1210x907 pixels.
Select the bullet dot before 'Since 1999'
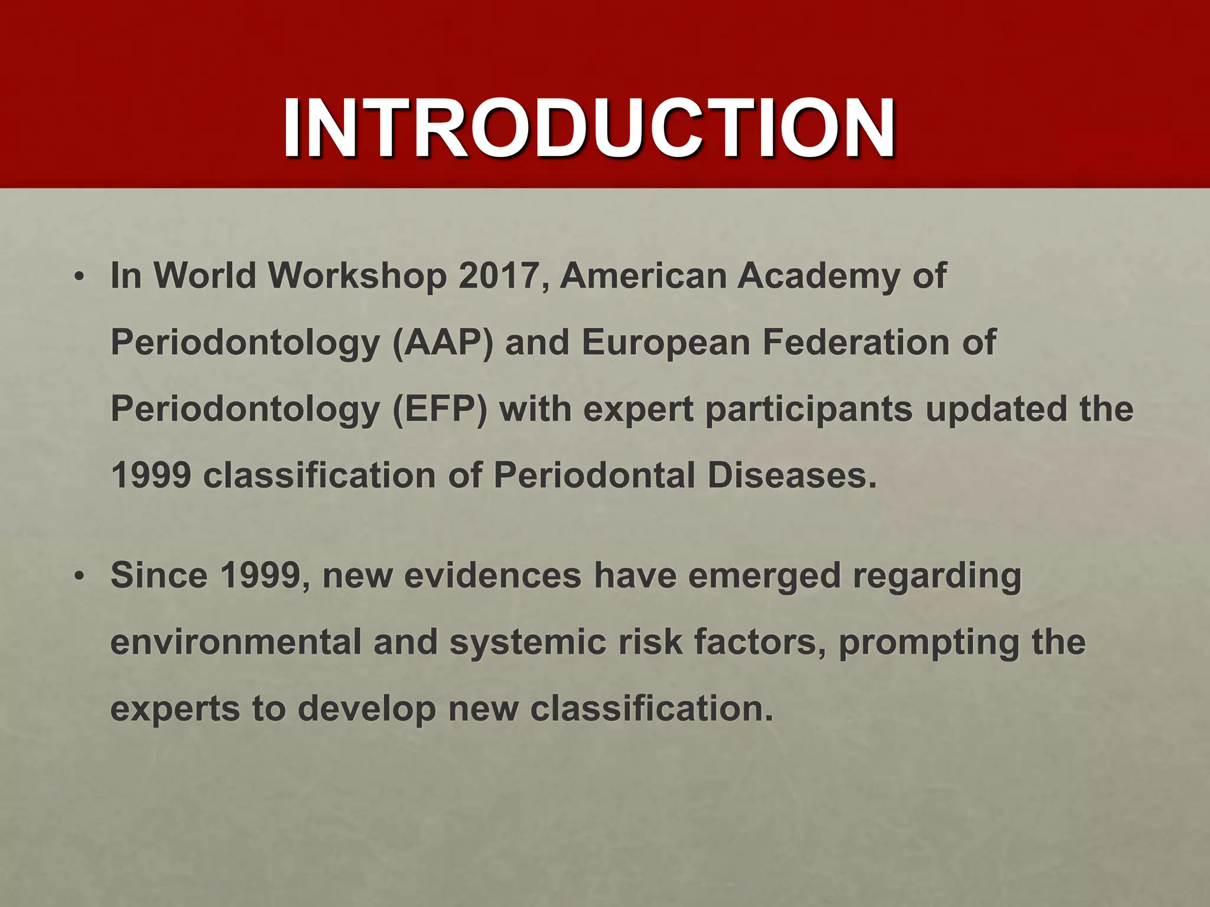pyautogui.click(x=80, y=576)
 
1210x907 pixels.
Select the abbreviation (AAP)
pyautogui.click(x=443, y=342)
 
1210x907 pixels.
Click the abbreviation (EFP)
pyautogui.click(x=440, y=409)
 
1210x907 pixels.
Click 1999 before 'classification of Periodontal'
pyautogui.click(x=151, y=475)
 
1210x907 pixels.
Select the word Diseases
pyautogui.click(x=792, y=475)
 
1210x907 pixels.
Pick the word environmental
pyautogui.click(x=236, y=641)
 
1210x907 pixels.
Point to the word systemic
pyautogui.click(x=528, y=642)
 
